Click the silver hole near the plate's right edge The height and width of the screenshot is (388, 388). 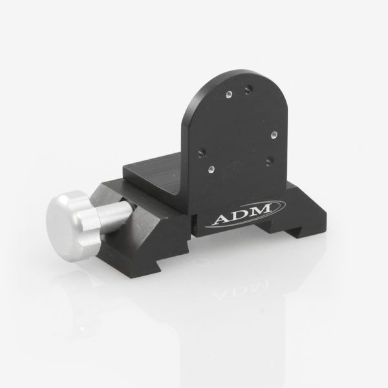pyautogui.click(x=274, y=135)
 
